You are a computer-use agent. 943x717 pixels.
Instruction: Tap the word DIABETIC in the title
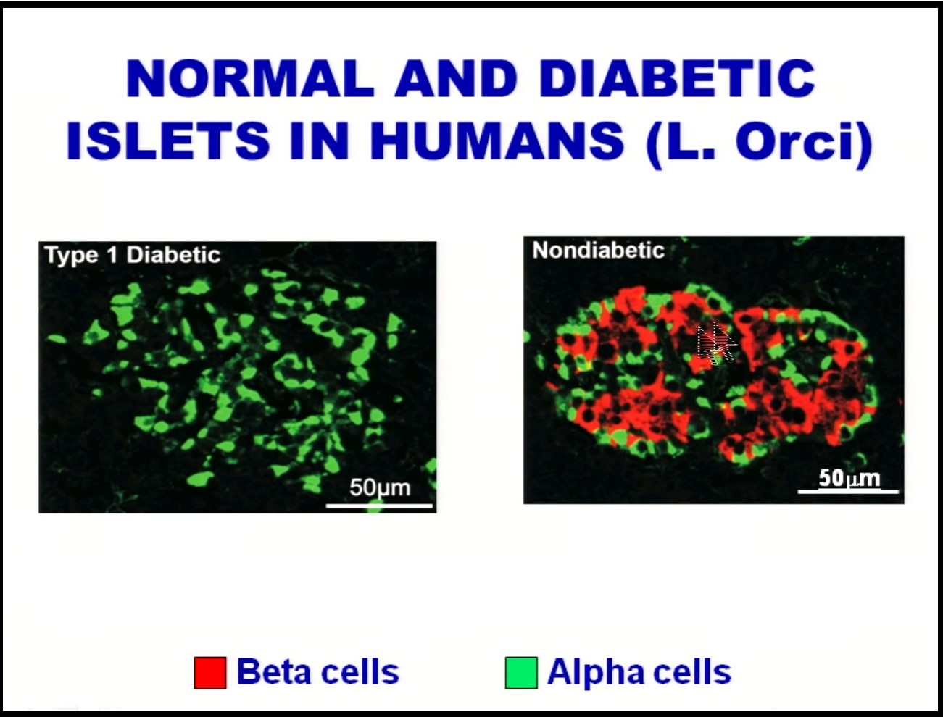click(x=678, y=78)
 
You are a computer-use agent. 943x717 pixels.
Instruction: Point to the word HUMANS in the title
click(x=497, y=141)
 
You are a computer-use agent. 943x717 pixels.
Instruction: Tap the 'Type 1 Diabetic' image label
click(x=133, y=255)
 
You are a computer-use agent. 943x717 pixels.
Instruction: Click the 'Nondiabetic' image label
click(x=598, y=251)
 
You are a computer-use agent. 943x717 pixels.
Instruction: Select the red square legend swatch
click(x=210, y=672)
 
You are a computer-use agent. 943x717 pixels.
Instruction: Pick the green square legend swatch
click(x=521, y=672)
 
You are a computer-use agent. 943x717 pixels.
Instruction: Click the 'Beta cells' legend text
click(x=317, y=672)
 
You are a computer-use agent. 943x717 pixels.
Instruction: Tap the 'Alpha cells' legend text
click(x=639, y=672)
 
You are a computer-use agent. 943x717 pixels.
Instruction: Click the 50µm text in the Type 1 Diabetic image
click(x=379, y=487)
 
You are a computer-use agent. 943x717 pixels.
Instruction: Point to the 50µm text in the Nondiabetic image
click(x=849, y=478)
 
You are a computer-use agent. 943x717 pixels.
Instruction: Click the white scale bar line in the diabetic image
click(x=379, y=505)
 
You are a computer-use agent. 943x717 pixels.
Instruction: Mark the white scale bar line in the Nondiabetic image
click(x=848, y=492)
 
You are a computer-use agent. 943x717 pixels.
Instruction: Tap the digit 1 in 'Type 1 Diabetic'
click(x=112, y=255)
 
